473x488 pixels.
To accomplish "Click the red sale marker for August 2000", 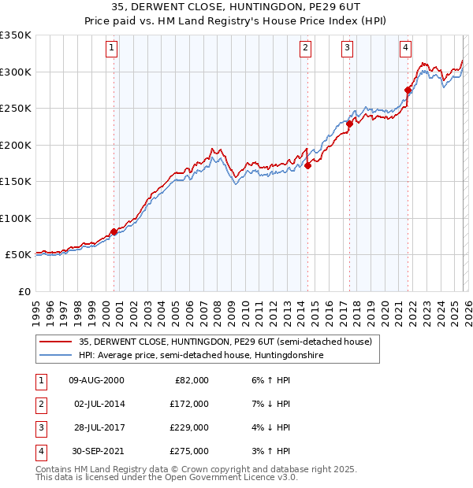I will click(x=114, y=231).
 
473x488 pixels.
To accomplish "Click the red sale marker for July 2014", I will click(x=307, y=165).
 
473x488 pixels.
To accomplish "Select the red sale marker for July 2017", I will click(x=349, y=124).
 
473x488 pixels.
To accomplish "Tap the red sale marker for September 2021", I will click(x=408, y=90).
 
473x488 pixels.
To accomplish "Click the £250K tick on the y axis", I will click(x=16, y=109).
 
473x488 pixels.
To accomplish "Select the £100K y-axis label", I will click(x=16, y=219).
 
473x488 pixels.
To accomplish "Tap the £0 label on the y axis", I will click(x=24, y=292).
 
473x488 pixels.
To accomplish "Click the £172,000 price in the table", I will click(x=190, y=404).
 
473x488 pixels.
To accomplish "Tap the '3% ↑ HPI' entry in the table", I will click(x=273, y=452).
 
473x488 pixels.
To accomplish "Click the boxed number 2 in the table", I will click(x=40, y=404).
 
